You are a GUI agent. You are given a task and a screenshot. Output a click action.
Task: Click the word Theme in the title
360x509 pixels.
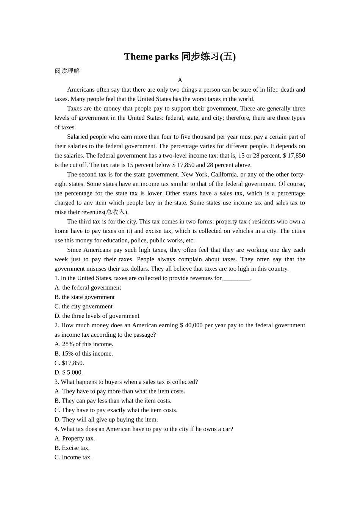coord(138,57)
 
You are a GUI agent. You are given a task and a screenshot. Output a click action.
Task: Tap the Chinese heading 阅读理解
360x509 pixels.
coord(67,71)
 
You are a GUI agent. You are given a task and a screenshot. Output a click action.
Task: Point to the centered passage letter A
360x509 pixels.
coord(180,80)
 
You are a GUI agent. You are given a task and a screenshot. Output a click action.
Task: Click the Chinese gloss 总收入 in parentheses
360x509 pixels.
coord(116,212)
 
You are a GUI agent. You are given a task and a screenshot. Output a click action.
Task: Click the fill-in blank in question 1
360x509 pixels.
coord(236,278)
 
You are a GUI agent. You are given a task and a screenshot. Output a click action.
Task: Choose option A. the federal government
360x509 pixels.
coord(88,288)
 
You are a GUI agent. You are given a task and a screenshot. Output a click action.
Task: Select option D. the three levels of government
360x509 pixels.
coord(97,316)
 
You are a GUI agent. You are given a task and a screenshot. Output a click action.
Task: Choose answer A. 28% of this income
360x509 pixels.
coord(84,344)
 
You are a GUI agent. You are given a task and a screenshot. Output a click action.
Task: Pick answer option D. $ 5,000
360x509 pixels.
coord(69,372)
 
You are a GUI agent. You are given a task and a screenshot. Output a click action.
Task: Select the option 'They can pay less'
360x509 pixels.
coord(113,401)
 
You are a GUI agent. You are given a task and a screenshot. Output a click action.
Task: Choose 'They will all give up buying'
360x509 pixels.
coord(106,420)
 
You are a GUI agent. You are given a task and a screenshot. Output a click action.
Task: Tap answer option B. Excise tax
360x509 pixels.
coord(72,448)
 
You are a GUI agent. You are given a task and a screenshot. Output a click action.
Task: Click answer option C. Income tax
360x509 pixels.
coord(73,457)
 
